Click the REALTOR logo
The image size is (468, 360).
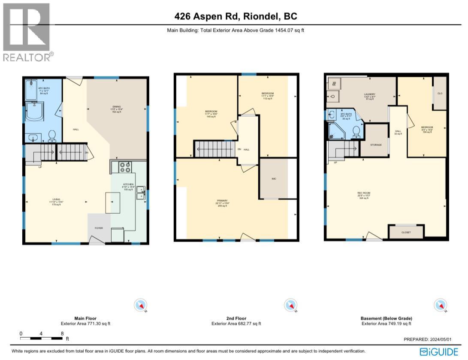[27, 32]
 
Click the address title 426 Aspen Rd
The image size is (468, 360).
[236, 17]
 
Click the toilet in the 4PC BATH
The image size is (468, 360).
[52, 136]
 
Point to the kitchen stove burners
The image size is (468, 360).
[125, 166]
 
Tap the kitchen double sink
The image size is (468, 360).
[141, 193]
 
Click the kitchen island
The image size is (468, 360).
[114, 203]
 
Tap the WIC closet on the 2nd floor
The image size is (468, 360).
[274, 178]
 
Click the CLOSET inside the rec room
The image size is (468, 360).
[406, 232]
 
